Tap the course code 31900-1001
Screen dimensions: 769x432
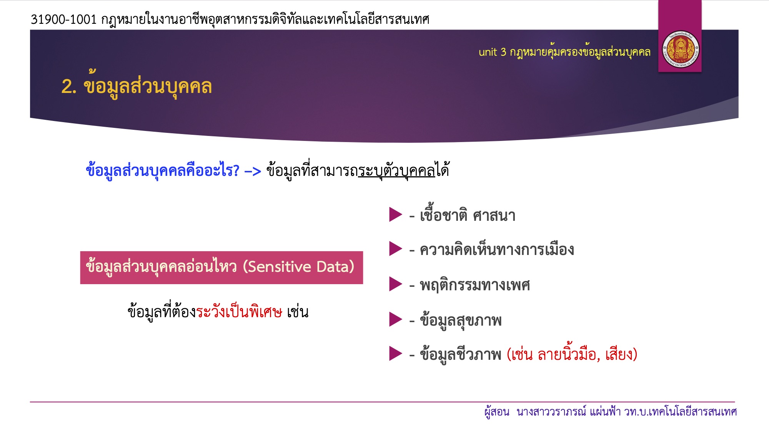[x=64, y=19]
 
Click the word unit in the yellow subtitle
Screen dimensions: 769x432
[x=488, y=52]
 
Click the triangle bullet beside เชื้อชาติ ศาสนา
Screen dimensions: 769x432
[x=396, y=214]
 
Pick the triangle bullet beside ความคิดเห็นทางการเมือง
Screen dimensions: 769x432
[x=396, y=248]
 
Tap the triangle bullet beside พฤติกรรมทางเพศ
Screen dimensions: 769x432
[x=396, y=284]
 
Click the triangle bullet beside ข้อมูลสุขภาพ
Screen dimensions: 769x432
[x=396, y=319]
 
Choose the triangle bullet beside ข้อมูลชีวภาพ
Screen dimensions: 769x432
[x=396, y=354]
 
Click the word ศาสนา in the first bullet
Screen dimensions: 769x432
[x=494, y=215]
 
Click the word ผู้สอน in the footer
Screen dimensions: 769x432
[x=497, y=412]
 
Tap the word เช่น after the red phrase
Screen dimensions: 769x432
[x=298, y=311]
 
